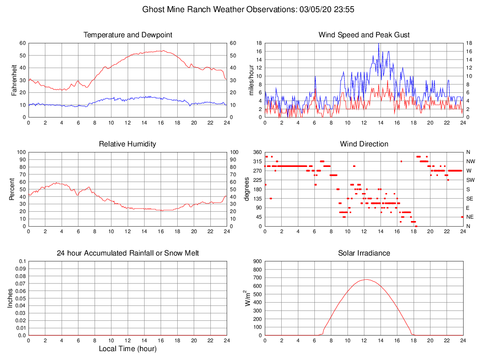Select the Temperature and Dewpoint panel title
tap(128, 35)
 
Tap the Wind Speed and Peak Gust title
tap(364, 35)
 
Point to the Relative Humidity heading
tap(128, 144)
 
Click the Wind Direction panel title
tap(364, 144)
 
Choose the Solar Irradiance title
tap(364, 253)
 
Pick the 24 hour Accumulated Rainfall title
tap(128, 253)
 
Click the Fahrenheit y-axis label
tap(14, 80)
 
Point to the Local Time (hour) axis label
tap(128, 349)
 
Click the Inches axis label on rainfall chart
tap(10, 298)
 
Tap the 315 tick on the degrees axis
tap(257, 161)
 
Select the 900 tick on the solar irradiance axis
tap(257, 262)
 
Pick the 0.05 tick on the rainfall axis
tap(21, 298)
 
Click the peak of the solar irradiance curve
tap(366, 280)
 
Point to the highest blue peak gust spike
tap(379, 44)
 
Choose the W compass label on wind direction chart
tap(468, 171)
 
